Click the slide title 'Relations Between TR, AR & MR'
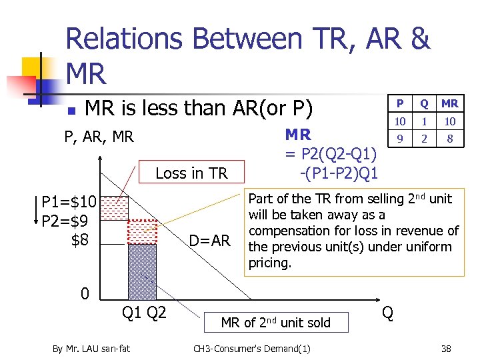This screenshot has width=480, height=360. coord(247,56)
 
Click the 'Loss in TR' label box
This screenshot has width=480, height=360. coord(191,173)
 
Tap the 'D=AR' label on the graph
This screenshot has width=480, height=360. coord(209,239)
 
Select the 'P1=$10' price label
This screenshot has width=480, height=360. coord(69,202)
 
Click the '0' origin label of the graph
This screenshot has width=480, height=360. coord(85,293)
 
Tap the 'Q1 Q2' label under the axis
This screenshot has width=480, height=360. coord(143,313)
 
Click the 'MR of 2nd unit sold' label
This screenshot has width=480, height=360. coord(275,323)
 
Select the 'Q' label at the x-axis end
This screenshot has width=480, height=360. coord(388,313)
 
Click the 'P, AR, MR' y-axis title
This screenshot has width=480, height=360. coord(99,137)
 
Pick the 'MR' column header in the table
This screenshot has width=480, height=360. coord(449,103)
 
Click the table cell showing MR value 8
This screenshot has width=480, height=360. coord(449,139)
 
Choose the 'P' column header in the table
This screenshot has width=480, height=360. coord(400,103)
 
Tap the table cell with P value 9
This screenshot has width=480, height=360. coord(400,139)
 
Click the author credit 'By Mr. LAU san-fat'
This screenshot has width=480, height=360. coord(91,348)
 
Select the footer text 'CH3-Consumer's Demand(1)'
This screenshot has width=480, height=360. coord(251,348)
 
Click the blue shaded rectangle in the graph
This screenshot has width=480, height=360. coord(142,270)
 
